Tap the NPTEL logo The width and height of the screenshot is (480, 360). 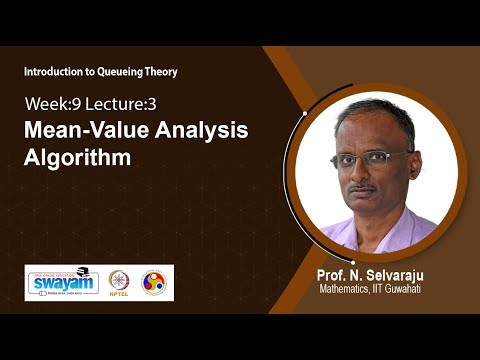tap(119, 283)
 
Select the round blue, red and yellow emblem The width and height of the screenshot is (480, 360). tap(153, 283)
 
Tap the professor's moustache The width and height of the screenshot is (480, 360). tap(365, 187)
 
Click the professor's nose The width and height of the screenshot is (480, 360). tap(364, 174)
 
